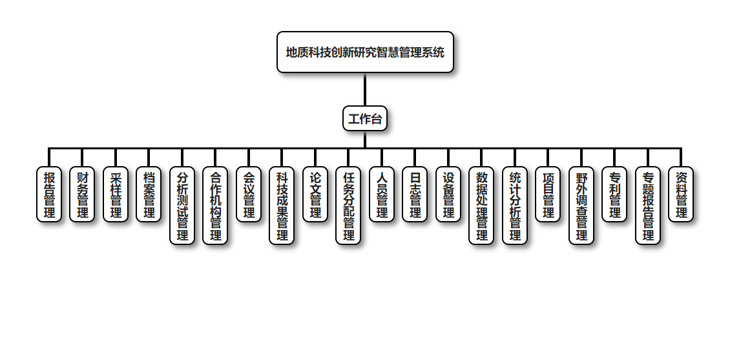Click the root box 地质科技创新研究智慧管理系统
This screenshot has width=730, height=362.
point(365,52)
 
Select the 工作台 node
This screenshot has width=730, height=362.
point(365,118)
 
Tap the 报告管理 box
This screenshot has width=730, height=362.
point(49,195)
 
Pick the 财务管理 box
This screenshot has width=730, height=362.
point(82,195)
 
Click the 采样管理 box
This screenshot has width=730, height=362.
point(116,195)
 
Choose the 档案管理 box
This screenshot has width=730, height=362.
point(149,195)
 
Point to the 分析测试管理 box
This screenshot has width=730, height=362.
point(182,206)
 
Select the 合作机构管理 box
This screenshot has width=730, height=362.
point(215,206)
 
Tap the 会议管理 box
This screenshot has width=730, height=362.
point(249,195)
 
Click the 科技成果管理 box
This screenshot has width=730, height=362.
point(282,206)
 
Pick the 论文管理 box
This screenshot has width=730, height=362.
point(315,195)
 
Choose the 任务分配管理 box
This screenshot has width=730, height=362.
point(348,206)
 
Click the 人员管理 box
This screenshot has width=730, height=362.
point(382,195)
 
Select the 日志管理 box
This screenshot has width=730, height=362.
point(415,195)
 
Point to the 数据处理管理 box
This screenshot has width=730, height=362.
point(481,206)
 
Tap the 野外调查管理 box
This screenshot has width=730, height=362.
point(581,206)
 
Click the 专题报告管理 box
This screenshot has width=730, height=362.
point(648,206)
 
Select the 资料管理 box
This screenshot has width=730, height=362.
point(681,195)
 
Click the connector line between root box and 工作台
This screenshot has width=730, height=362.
point(365,89)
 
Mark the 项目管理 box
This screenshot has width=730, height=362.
point(548,195)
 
